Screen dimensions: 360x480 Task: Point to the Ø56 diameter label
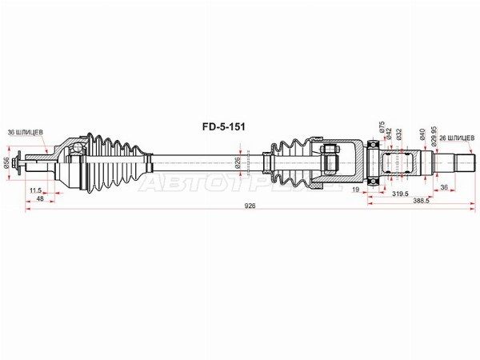pos(6,162)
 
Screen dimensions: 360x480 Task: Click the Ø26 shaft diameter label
pos(238,162)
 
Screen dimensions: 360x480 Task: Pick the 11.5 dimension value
pos(35,190)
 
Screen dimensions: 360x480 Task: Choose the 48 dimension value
pos(39,199)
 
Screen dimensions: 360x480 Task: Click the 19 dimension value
pos(354,190)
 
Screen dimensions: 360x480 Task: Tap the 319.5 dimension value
pos(400,194)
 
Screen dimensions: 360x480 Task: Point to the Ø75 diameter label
pos(381,130)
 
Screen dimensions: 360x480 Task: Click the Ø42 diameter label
pos(389,134)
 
